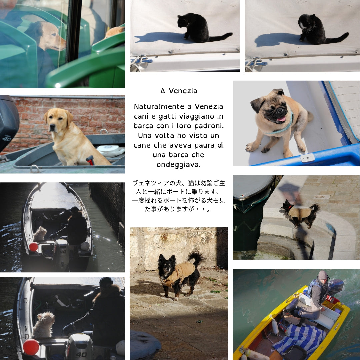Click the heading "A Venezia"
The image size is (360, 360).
click(x=179, y=91)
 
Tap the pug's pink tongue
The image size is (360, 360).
click(x=282, y=119)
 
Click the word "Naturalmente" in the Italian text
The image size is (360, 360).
click(x=159, y=107)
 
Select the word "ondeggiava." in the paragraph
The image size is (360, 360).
click(x=179, y=165)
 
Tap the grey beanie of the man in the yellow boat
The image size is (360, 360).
click(x=323, y=275)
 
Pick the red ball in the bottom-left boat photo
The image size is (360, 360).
click(x=31, y=347)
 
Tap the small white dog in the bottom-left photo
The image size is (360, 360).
click(x=43, y=324)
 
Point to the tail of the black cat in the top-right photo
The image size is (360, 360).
click(x=337, y=38)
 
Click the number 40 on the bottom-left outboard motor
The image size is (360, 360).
click(x=81, y=354)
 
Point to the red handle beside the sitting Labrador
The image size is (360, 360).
click(x=91, y=160)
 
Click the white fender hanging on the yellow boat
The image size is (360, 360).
click(x=275, y=326)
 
